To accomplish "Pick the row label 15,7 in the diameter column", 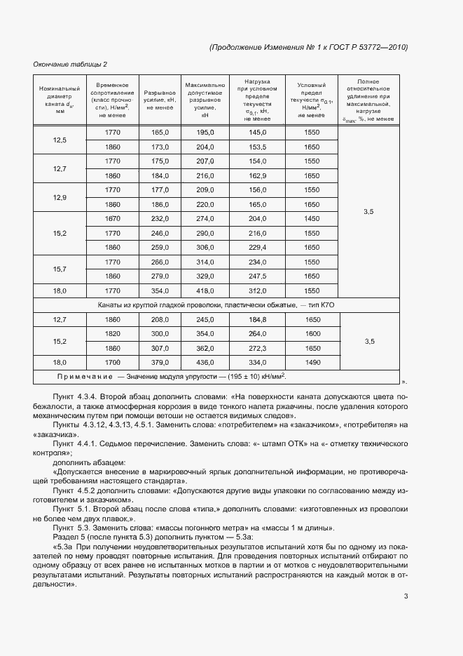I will (x=60, y=269).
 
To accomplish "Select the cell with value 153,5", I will (x=258, y=147).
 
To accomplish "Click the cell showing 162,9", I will (x=258, y=175).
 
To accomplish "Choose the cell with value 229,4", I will (x=258, y=248).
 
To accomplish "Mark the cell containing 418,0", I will (x=205, y=290).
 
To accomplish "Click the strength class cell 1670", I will (x=112, y=219).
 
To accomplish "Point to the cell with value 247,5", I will (x=258, y=276).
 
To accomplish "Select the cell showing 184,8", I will (x=258, y=319).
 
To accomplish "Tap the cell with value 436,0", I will (x=205, y=362).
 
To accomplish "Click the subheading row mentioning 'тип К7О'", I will (x=216, y=304).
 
